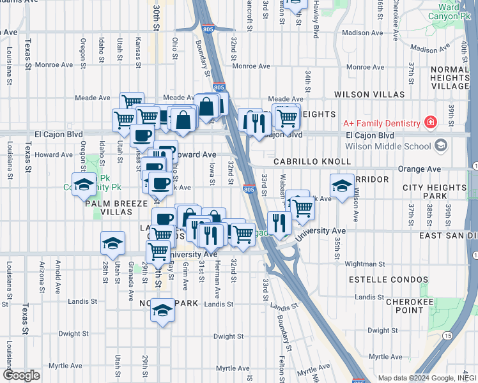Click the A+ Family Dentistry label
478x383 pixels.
[381, 123]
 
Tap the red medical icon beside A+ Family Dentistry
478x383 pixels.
[431, 123]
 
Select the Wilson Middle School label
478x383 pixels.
[387, 146]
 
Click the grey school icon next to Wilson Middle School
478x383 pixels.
[440, 146]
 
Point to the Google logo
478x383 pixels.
[21, 375]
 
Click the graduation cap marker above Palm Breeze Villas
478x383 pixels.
[83, 184]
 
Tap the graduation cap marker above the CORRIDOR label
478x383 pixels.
[342, 186]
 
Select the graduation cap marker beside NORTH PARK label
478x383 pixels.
[162, 310]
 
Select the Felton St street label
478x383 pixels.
[282, 367]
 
